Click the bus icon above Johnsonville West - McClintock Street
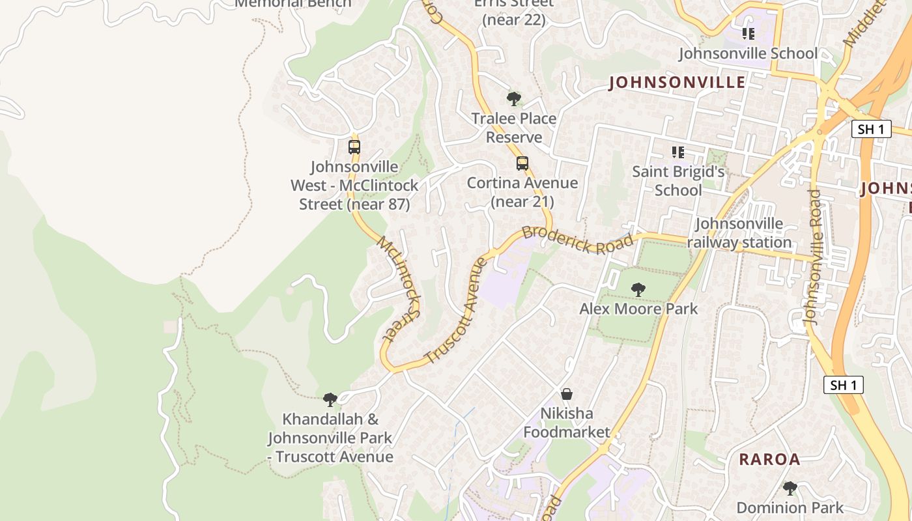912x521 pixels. (354, 147)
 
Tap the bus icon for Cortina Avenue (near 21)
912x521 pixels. (522, 163)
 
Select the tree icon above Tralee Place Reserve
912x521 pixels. (514, 99)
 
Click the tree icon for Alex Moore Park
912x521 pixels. (638, 289)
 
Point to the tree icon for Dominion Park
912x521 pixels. (790, 488)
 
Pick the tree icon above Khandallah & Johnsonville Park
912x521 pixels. (330, 399)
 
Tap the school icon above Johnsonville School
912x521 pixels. (748, 33)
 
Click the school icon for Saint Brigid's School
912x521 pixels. (678, 152)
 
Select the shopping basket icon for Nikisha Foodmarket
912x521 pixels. (567, 394)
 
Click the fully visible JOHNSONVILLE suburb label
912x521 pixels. (677, 82)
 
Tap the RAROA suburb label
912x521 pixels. (769, 459)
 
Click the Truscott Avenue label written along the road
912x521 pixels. (455, 311)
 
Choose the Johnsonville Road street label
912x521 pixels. (813, 257)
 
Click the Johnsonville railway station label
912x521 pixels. (739, 233)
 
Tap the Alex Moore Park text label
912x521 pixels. (638, 309)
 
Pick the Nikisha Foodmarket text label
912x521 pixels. (567, 423)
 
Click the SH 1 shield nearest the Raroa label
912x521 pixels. (844, 385)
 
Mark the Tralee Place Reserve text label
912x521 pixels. (514, 128)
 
